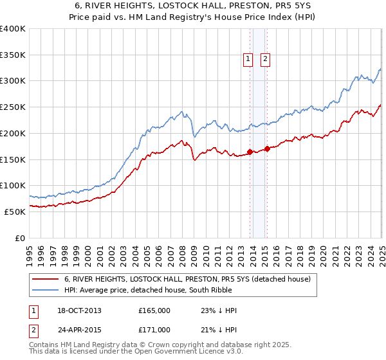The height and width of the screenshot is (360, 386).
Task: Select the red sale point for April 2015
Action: [266, 148]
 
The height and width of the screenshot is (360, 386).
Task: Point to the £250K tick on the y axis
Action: [13, 107]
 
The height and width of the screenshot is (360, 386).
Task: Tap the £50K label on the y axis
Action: [15, 212]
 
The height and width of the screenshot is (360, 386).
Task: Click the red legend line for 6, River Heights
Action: [46, 279]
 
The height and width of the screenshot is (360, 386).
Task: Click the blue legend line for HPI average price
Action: [46, 290]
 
